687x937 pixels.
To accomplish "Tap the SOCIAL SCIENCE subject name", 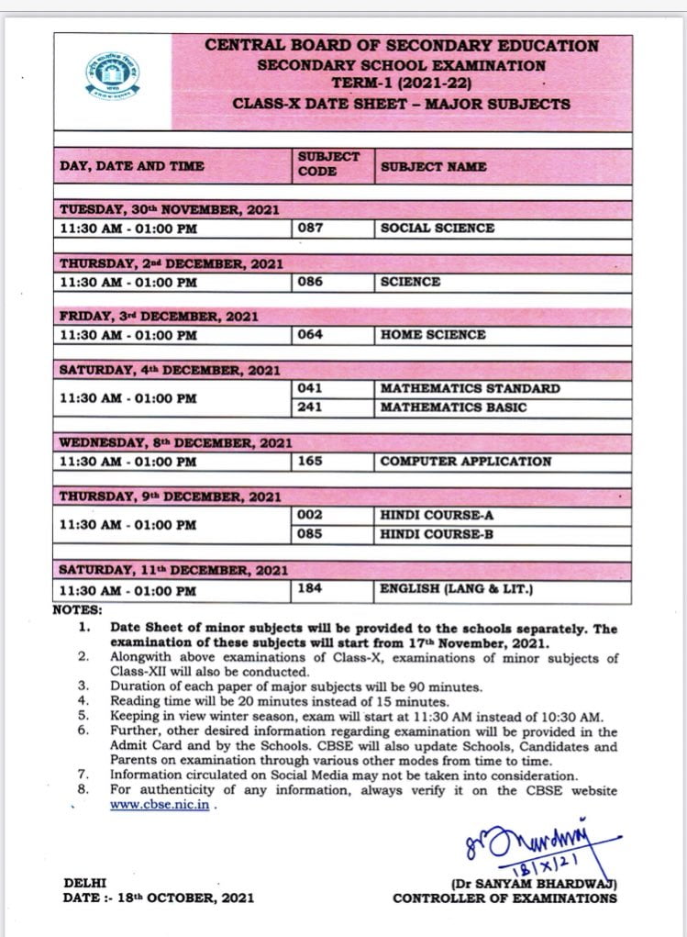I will click(438, 228).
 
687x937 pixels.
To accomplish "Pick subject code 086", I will click(311, 282).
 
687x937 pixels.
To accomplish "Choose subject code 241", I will click(311, 407).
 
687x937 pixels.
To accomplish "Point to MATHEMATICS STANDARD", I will click(470, 388).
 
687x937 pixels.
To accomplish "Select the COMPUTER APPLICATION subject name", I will click(465, 462).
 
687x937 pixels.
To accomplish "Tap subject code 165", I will click(311, 461).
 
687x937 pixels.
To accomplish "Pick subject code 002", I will click(311, 515).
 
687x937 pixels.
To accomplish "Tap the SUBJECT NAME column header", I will click(433, 167).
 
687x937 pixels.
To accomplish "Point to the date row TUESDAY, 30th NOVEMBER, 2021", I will click(170, 209).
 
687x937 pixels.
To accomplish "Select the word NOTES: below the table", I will click(78, 608).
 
